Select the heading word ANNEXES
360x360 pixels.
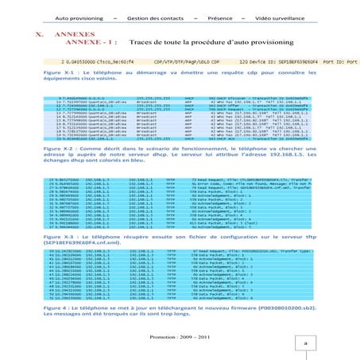pos(75,36)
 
